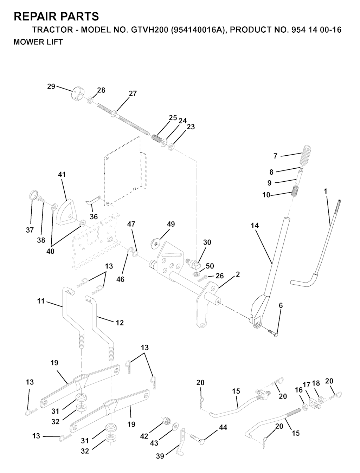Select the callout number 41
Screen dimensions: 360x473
point(62,174)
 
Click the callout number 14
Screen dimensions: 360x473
point(255,225)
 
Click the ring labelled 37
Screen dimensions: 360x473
point(33,195)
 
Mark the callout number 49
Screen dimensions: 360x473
point(171,224)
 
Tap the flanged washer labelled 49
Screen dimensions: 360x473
point(155,243)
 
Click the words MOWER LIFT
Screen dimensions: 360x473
point(38,42)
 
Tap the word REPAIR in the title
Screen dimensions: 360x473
point(34,17)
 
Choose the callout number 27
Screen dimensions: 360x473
point(133,93)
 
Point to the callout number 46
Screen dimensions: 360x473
point(120,279)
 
